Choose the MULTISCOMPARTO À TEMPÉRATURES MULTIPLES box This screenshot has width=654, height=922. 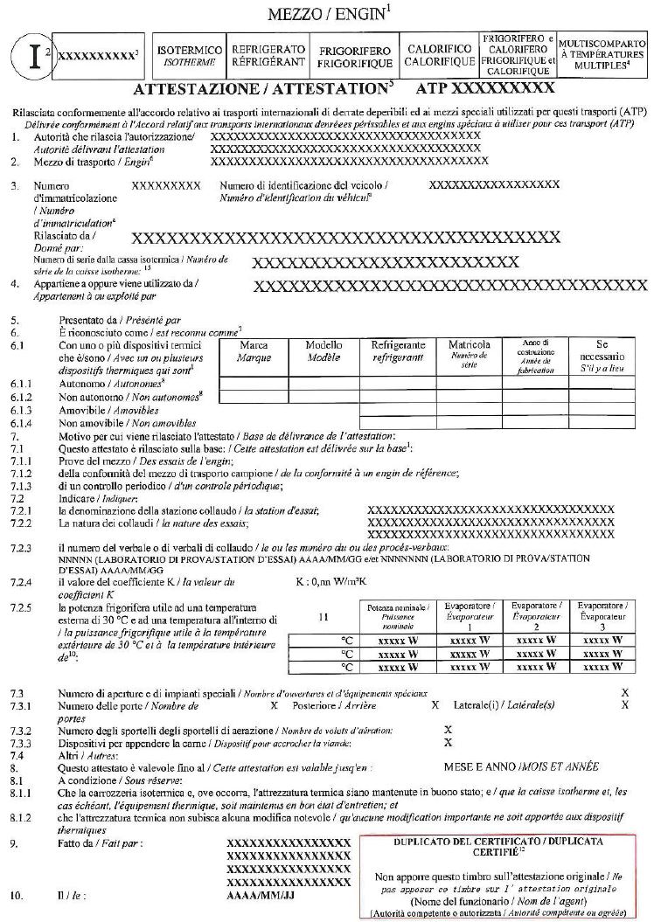(x=602, y=55)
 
